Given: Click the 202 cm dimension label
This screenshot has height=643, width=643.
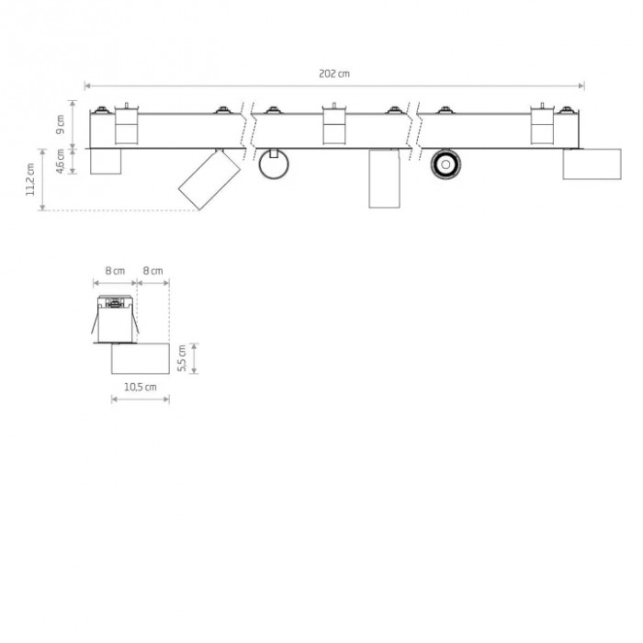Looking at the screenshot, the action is click(334, 73).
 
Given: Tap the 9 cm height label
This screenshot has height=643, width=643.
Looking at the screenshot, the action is click(61, 124).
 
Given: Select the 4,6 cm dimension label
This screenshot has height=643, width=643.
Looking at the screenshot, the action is click(61, 161).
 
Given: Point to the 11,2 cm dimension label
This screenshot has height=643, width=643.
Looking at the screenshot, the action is click(30, 179).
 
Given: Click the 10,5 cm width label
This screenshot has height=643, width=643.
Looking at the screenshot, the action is click(141, 387).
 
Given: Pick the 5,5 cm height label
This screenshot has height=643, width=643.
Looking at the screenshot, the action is click(182, 358).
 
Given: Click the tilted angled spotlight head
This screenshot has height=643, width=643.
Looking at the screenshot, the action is click(209, 180).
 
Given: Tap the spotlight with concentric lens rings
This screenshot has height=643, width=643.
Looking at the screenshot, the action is click(446, 164).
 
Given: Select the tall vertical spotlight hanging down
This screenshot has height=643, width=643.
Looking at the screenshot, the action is click(384, 179).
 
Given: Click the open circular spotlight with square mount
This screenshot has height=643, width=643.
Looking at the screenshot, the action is click(274, 164).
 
